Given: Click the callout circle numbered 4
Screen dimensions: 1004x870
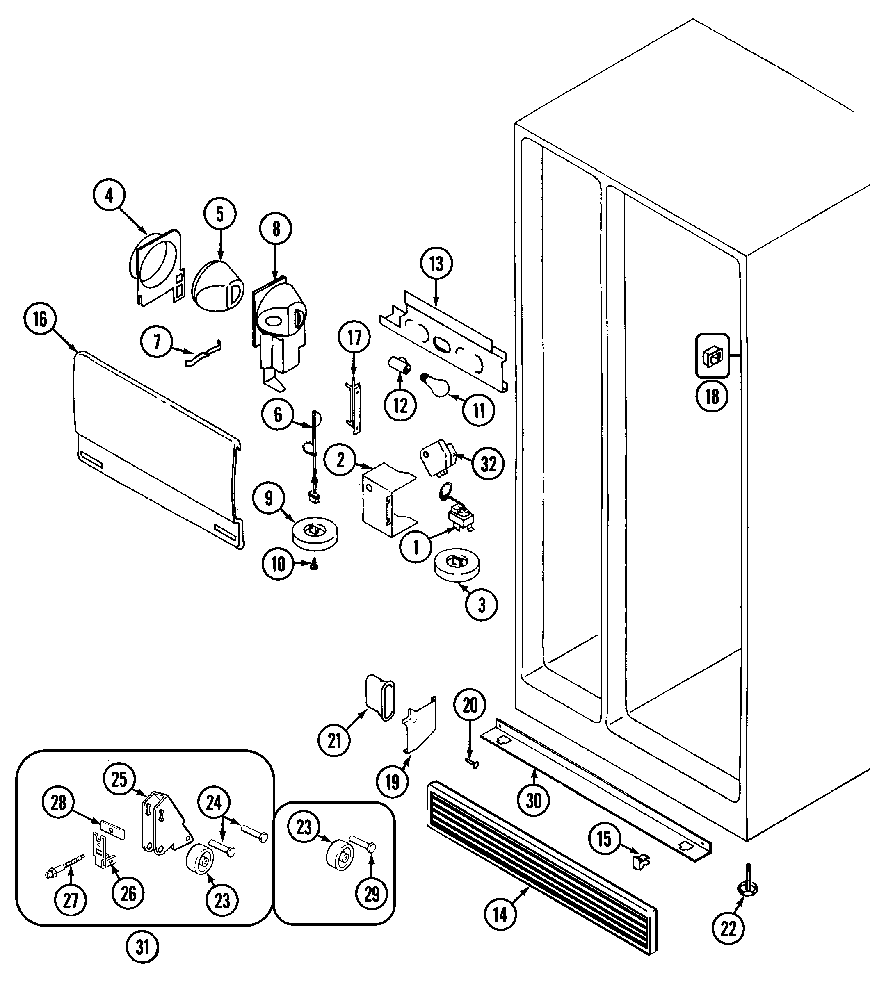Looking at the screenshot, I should (x=109, y=196).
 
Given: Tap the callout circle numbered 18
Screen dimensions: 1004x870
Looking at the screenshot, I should (x=712, y=396).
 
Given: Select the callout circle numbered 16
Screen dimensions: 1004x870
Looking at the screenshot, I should (x=40, y=319).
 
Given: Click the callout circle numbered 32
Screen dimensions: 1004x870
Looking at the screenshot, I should (x=489, y=464).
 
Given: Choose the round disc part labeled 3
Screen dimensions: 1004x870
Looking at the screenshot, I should (x=457, y=565).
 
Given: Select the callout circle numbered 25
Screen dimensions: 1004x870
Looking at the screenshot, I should (x=119, y=779).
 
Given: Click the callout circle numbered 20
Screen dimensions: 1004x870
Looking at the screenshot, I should (x=470, y=705).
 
